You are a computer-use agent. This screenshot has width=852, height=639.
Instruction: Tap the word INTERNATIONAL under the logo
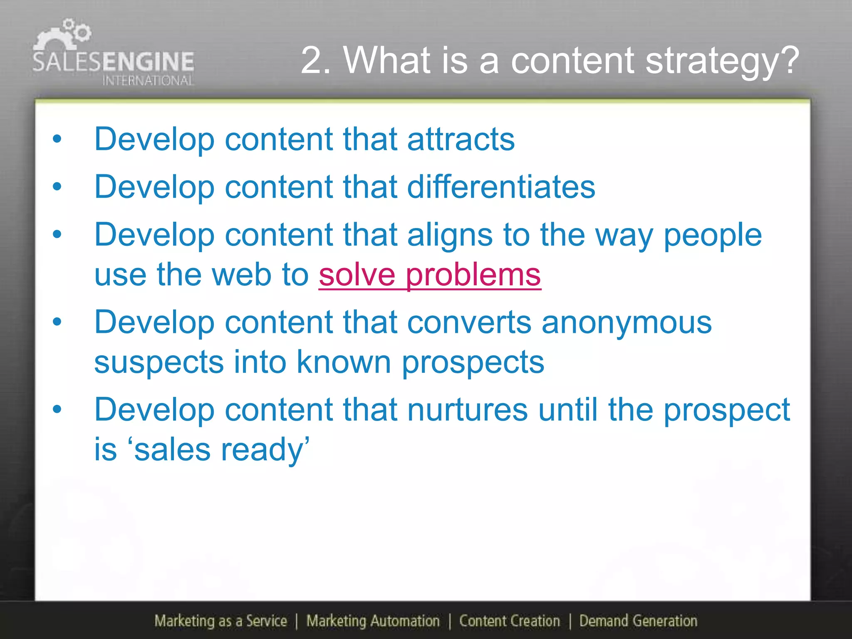coord(148,80)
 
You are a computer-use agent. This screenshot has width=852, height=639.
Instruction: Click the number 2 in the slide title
coord(315,61)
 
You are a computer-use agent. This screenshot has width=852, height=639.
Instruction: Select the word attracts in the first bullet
coord(461,139)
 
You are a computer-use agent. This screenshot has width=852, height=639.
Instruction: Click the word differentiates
coord(501,187)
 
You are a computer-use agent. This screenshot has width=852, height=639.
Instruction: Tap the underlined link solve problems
coord(430,275)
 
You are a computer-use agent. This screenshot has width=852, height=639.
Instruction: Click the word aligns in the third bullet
coord(450,235)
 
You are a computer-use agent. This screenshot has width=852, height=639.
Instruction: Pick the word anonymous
coord(627,322)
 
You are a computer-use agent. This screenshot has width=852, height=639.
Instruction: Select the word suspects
coord(159,362)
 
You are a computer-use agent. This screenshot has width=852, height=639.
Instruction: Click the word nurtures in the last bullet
coord(467,410)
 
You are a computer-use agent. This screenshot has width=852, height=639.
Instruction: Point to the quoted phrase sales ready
coord(221,450)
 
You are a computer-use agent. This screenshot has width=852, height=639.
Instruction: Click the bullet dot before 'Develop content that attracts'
coord(57,139)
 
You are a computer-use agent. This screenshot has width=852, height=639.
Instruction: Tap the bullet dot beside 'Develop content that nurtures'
coord(57,410)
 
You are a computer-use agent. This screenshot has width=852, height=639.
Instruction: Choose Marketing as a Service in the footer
coord(220,621)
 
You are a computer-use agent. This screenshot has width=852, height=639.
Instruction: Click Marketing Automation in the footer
coord(373,621)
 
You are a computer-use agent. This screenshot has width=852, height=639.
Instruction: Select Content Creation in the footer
coord(509,621)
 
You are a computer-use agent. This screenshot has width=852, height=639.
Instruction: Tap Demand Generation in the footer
coord(638,621)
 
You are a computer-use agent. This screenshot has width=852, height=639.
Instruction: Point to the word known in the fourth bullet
coord(344,362)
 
